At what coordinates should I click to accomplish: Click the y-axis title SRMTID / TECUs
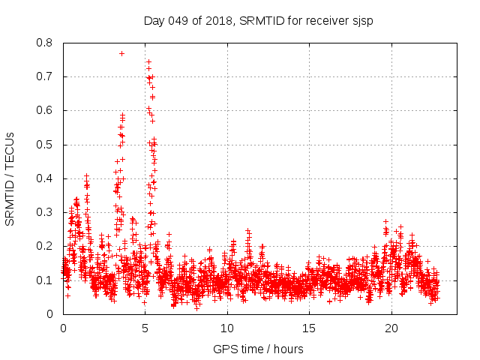10,178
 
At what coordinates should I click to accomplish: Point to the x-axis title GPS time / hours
258,349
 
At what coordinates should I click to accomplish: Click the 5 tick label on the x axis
145,328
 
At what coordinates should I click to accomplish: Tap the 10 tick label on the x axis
227,328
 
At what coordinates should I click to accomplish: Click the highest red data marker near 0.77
121,53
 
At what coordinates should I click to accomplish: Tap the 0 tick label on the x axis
63,328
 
